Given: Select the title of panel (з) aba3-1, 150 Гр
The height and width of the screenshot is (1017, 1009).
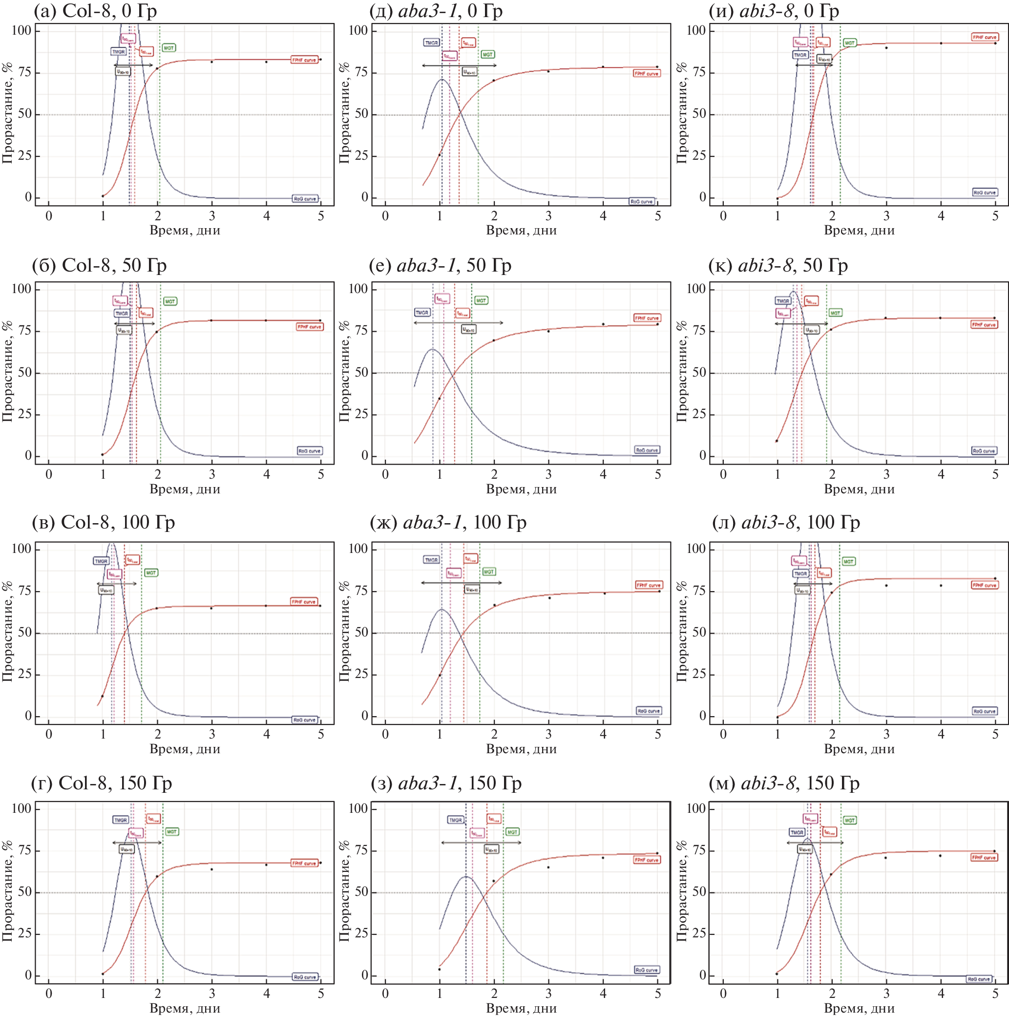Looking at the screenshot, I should [446, 784].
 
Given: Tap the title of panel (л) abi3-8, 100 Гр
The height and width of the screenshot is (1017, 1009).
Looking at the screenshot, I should [786, 522].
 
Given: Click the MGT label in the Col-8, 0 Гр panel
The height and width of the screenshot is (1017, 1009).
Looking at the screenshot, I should [168, 48].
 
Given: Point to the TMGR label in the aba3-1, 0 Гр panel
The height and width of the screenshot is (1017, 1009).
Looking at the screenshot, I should [431, 42].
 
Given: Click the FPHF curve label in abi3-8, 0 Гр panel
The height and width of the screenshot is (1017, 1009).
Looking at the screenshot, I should [984, 37].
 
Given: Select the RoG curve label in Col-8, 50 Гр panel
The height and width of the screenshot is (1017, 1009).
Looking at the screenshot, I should [309, 451].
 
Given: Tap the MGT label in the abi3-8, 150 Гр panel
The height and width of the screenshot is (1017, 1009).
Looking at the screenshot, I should [849, 820].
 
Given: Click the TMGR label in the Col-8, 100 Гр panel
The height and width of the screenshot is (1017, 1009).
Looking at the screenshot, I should [101, 561].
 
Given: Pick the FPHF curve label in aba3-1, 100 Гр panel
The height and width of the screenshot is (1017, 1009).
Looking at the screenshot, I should [649, 585].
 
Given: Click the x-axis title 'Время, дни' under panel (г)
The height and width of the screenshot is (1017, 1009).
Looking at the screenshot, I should [185, 1008].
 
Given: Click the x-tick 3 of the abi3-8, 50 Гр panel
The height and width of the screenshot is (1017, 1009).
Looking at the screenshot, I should [886, 474].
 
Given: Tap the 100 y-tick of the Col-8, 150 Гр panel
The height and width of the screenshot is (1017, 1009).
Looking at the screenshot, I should [21, 808].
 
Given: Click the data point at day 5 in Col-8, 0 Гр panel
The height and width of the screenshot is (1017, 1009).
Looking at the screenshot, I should [320, 60].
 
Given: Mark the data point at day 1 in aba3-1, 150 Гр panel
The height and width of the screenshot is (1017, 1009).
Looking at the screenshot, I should [440, 969].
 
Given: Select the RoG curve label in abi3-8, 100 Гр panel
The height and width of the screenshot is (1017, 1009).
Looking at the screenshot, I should [984, 711].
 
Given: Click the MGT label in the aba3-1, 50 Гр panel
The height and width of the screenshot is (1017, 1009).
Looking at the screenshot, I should [481, 300].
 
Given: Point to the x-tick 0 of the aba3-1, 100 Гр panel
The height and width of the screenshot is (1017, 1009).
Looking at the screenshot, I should [385, 734].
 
